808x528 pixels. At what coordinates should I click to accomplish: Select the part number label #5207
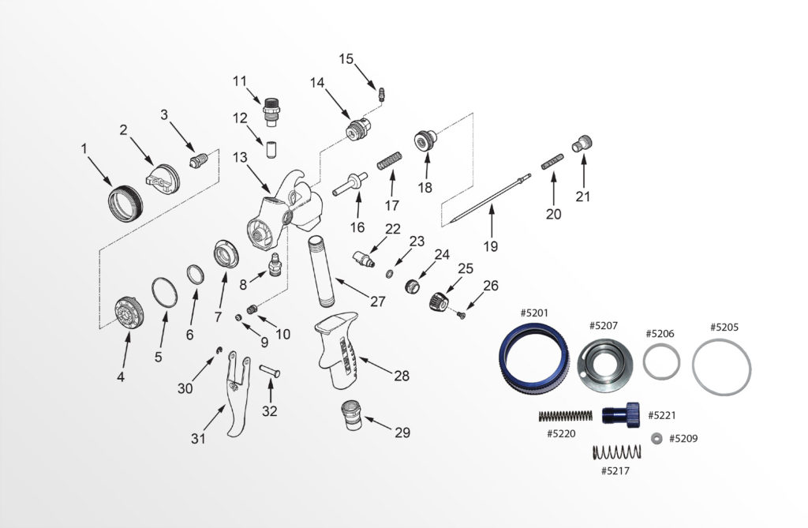603,325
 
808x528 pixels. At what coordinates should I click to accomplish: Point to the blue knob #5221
623,414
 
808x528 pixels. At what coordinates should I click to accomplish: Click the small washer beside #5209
656,438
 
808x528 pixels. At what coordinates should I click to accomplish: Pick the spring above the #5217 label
615,453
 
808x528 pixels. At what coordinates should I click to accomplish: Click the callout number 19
491,246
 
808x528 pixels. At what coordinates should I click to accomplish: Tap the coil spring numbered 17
387,163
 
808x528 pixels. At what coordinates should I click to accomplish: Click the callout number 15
346,59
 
